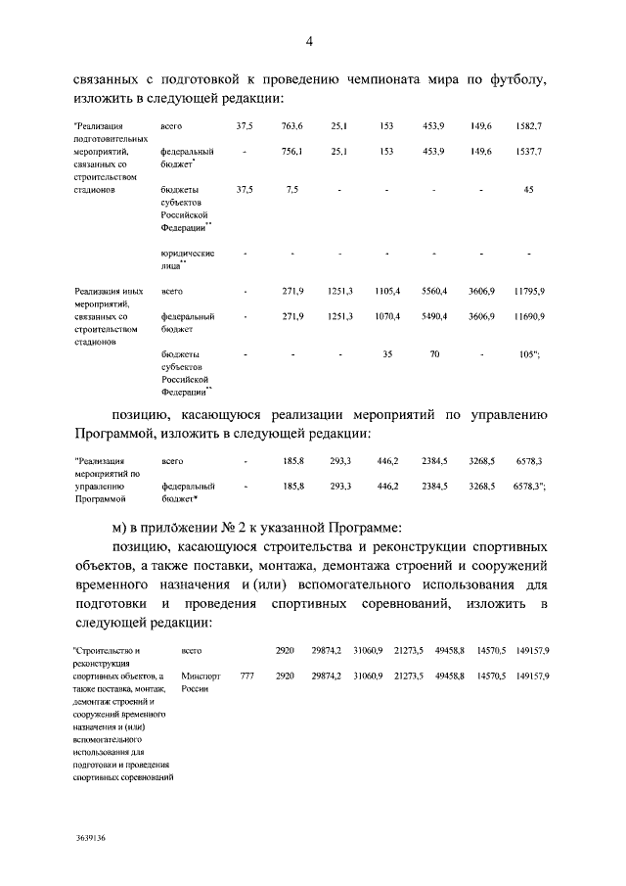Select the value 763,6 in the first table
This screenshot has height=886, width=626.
pyautogui.click(x=292, y=127)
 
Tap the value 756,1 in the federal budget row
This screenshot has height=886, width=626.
pyautogui.click(x=292, y=152)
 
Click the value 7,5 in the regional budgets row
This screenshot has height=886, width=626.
pyautogui.click(x=292, y=189)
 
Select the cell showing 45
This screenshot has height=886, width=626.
pyautogui.click(x=528, y=189)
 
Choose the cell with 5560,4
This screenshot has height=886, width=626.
pyautogui.click(x=434, y=292)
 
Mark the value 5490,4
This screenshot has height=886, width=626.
pyautogui.click(x=434, y=316)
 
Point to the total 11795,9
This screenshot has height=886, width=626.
pyautogui.click(x=528, y=292)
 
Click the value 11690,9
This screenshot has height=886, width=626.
pyautogui.click(x=528, y=316)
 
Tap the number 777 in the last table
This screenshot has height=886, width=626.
pyautogui.click(x=246, y=676)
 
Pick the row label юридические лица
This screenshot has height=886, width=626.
pyautogui.click(x=186, y=258)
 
